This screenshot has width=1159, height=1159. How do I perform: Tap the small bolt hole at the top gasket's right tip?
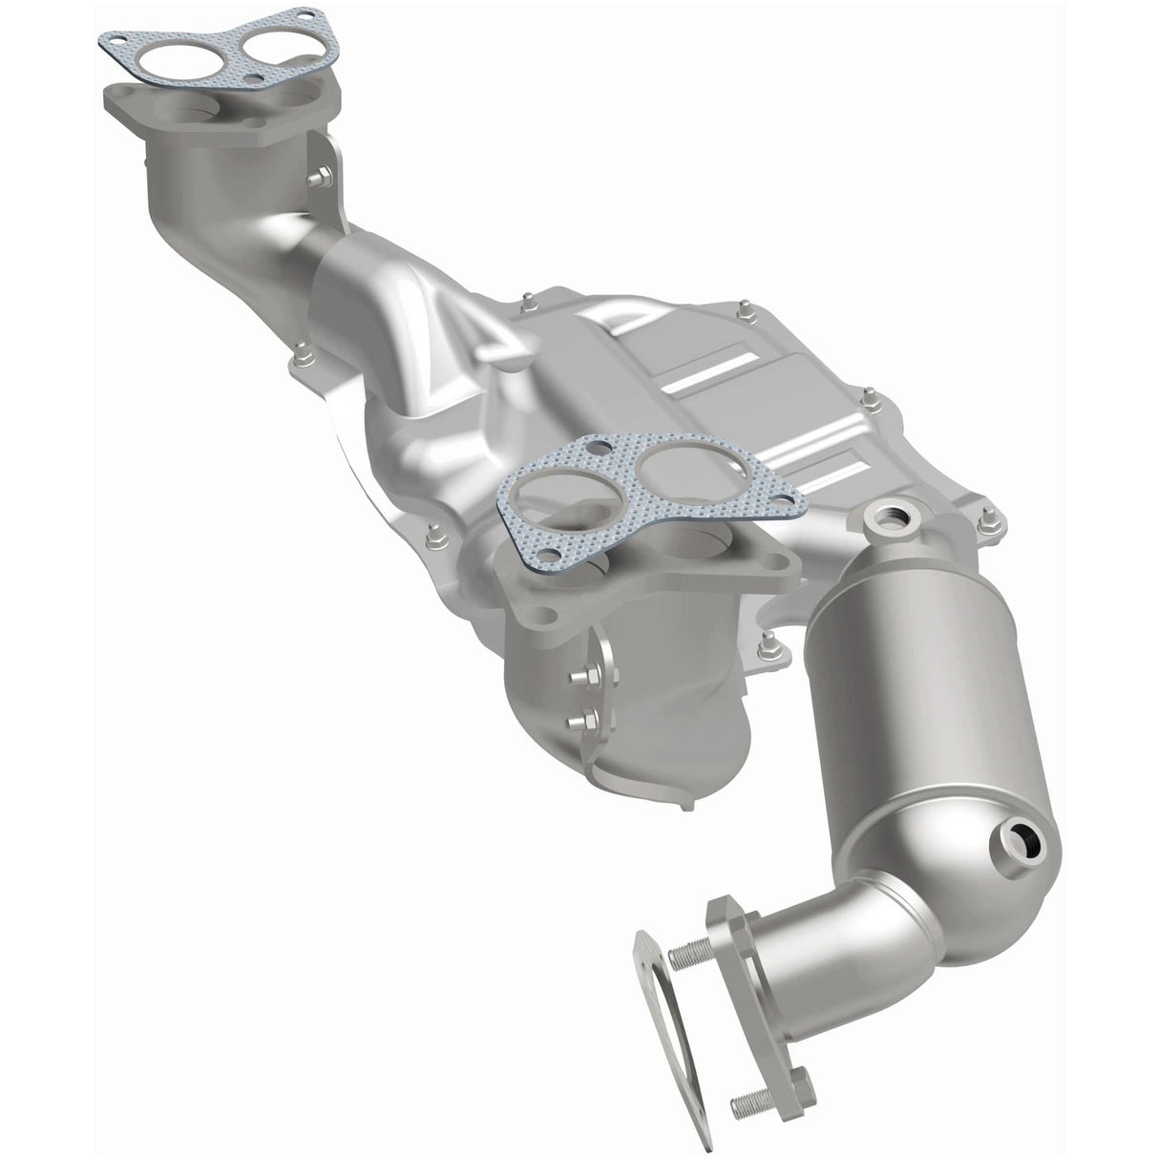305,14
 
